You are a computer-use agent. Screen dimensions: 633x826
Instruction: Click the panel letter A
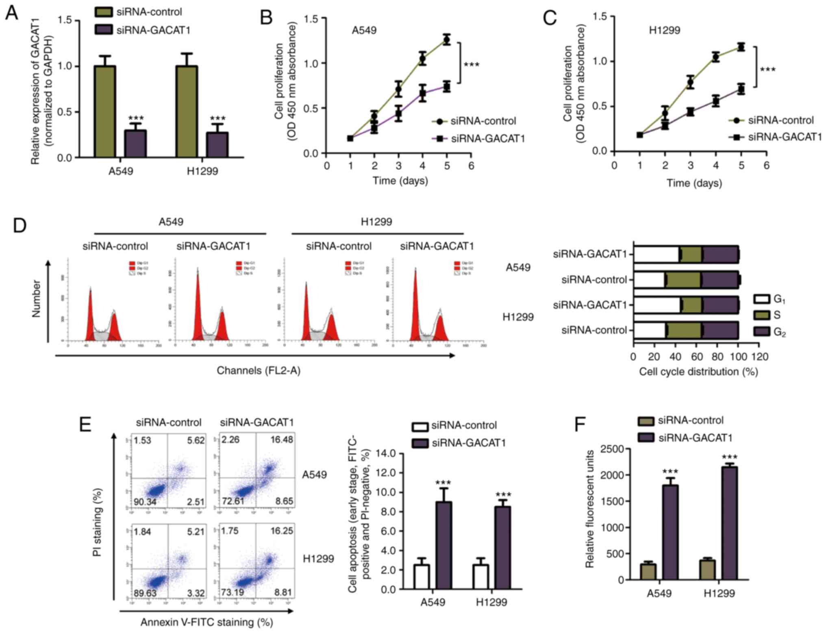(11, 13)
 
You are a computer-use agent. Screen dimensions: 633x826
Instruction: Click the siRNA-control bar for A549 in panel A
(104, 111)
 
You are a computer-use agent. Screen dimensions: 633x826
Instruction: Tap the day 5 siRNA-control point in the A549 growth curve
(447, 40)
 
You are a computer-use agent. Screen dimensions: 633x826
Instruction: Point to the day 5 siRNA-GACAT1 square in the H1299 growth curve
(741, 89)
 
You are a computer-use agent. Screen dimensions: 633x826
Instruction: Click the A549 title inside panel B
(364, 30)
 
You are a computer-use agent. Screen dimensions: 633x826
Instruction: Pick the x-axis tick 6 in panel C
(766, 165)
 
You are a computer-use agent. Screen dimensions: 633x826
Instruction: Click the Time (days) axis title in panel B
(400, 181)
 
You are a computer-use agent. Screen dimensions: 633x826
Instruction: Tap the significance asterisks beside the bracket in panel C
(767, 70)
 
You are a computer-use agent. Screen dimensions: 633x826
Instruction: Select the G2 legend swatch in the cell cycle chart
(761, 331)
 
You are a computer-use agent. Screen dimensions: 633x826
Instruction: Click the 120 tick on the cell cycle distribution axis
(759, 357)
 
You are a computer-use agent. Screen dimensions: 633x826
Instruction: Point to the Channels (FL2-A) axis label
(259, 370)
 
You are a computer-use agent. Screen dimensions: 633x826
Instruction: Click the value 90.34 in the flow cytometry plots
(145, 502)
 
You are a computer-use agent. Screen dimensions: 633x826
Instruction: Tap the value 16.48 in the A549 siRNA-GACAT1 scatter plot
(282, 440)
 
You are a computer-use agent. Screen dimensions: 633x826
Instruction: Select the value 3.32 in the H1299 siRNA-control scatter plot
(196, 593)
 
